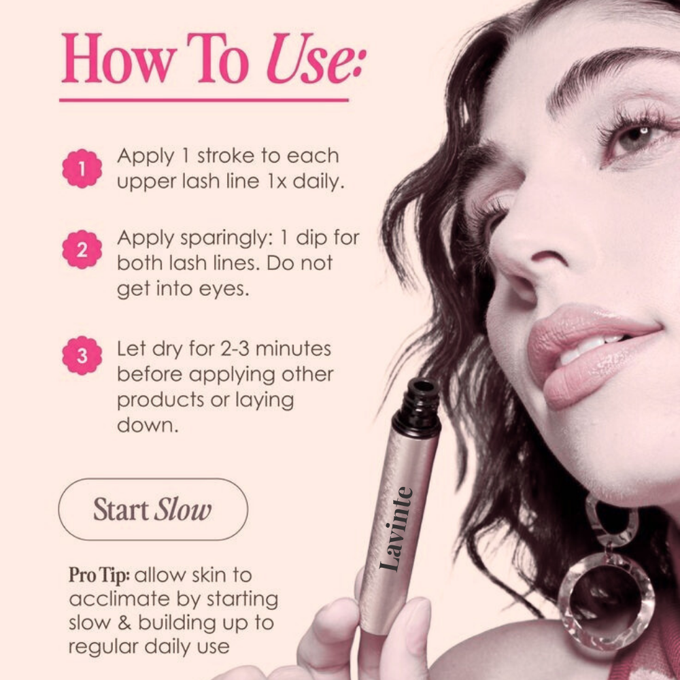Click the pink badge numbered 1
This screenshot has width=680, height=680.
tap(82, 169)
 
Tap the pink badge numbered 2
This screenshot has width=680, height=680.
tap(82, 250)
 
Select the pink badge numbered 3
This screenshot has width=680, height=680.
tap(82, 356)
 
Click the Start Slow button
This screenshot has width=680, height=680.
tap(153, 509)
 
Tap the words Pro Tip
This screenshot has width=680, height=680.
tap(99, 575)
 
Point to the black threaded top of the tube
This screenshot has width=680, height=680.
tap(417, 406)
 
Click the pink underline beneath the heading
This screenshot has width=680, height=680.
tap(204, 100)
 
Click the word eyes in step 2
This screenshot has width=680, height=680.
tap(222, 289)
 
